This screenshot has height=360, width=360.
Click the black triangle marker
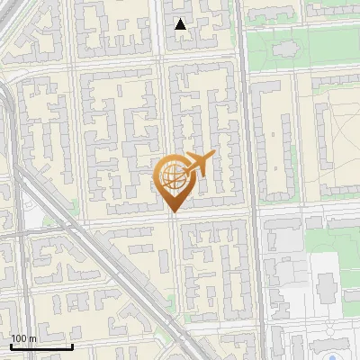[x=181, y=24]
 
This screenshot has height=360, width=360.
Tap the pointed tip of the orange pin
[x=173, y=211]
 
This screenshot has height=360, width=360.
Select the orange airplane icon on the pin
[x=197, y=165]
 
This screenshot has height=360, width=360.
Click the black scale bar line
[x=41, y=347]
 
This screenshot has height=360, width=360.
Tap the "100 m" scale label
[x=23, y=338]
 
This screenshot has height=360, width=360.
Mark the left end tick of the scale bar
[x=11, y=346]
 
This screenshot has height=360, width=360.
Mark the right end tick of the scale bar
[x=72, y=346]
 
